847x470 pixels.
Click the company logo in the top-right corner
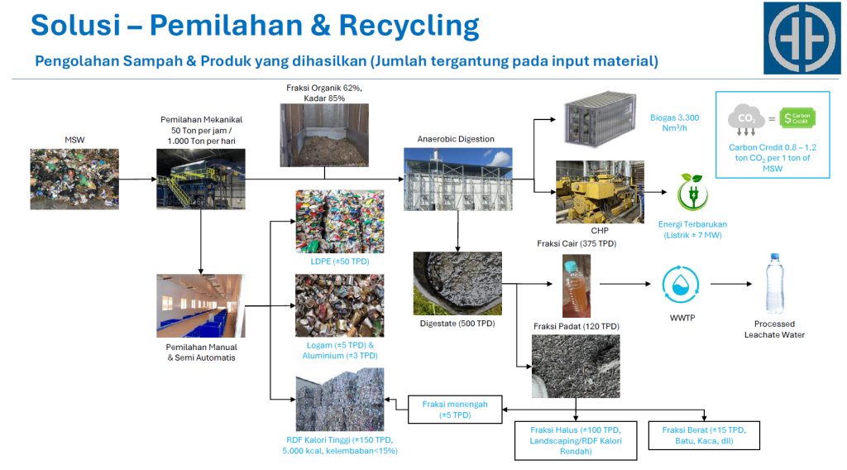pyautogui.click(x=801, y=37)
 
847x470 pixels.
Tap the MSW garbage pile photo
pyautogui.click(x=74, y=179)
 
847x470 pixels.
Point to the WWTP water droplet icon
pyautogui.click(x=682, y=284)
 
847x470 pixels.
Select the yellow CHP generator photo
pyautogui.click(x=600, y=192)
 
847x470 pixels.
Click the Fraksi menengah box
pyautogui.click(x=454, y=410)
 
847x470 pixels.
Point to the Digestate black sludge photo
pyautogui.click(x=457, y=282)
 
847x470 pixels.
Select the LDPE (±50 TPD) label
pyautogui.click(x=340, y=261)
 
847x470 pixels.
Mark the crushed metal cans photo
pyautogui.click(x=339, y=306)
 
